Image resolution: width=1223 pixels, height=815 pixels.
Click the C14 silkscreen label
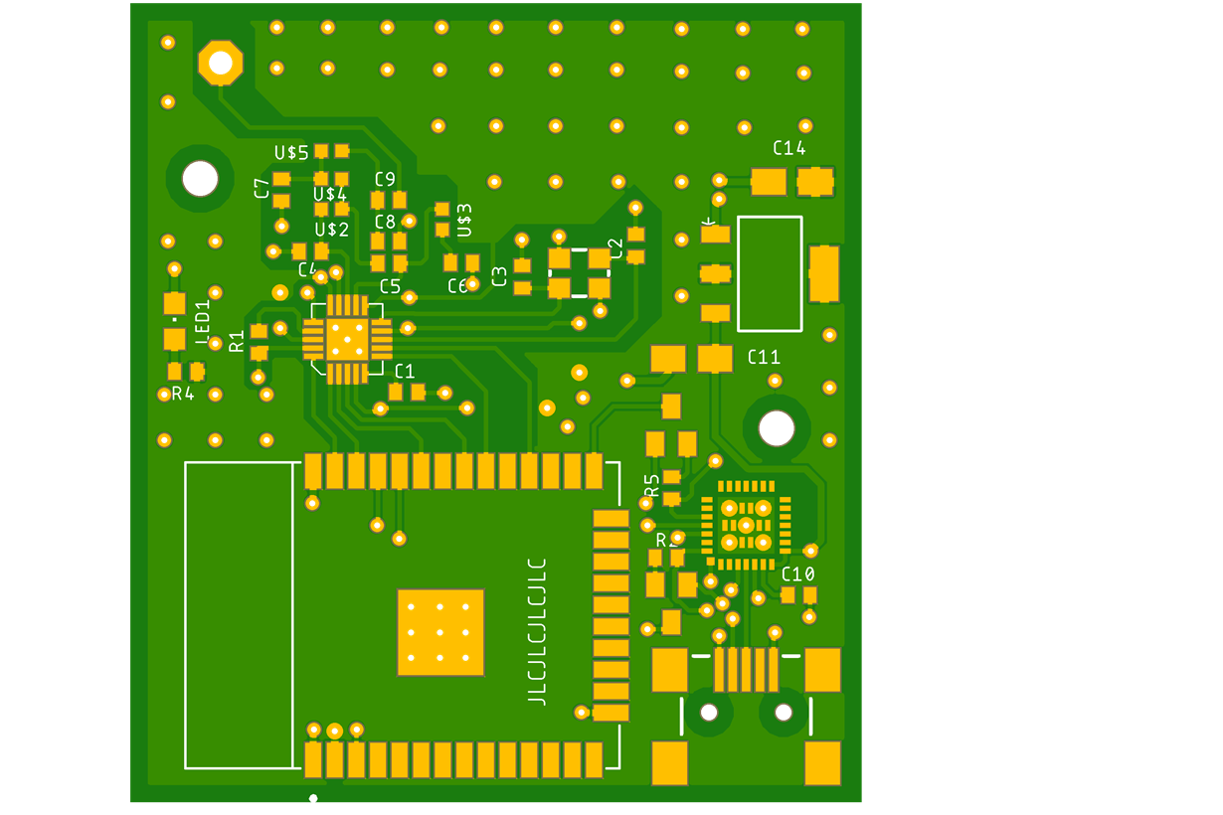pos(788,148)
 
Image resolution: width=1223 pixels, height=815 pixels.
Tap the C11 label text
pos(764,357)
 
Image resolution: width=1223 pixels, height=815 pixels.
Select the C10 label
pos(797,573)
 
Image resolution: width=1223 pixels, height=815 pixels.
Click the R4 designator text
pos(183,394)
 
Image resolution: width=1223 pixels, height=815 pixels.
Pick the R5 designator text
pos(652,485)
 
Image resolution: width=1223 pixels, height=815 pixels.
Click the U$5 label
pos(291,152)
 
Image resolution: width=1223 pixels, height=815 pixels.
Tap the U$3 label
pos(464,220)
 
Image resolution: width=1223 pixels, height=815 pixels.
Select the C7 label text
pos(262,188)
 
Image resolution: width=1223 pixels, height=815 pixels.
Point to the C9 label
pos(385,179)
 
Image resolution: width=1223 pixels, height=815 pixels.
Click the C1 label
pos(405,372)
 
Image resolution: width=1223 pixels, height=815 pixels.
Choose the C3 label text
pos(499,276)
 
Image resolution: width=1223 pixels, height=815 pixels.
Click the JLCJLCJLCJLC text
pos(537,631)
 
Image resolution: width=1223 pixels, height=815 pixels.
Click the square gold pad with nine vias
pos(440,632)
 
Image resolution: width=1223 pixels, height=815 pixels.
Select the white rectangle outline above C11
pos(770,273)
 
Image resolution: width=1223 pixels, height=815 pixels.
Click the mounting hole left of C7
pos(200,179)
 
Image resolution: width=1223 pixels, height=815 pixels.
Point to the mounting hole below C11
pos(776,428)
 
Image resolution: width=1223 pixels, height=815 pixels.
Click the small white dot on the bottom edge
pos(313,798)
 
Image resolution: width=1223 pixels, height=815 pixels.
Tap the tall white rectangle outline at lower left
pos(239,615)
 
